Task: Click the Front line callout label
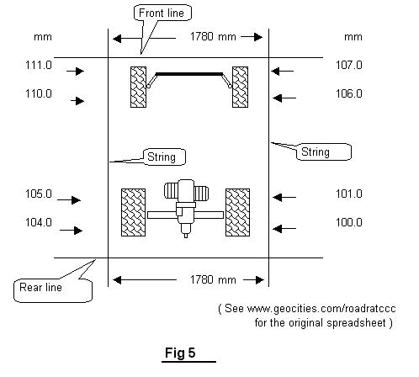162,13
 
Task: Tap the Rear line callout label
40,287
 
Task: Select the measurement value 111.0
39,65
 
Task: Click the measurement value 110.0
39,93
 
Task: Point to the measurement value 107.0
349,65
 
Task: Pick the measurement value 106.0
349,93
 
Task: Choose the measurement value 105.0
39,194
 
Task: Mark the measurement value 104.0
39,222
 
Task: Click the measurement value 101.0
349,194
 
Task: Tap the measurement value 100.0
349,222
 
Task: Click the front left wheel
138,87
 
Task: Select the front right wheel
240,87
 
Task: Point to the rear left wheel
133,212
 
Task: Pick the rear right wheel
237,212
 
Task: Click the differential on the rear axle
186,208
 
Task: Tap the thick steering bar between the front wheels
189,74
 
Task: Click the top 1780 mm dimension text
213,37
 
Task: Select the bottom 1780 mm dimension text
213,279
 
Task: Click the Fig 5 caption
180,353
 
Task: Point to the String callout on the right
315,151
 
